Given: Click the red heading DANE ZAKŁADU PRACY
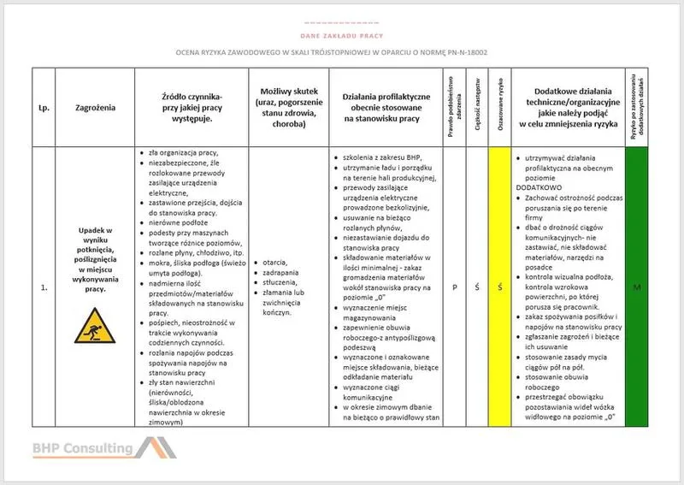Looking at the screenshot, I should (x=341, y=36).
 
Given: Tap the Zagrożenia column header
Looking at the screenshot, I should (x=96, y=108).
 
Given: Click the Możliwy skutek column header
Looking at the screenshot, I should (x=285, y=108).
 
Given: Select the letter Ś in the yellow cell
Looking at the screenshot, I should (x=499, y=288).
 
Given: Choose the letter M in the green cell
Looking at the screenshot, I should (x=637, y=288).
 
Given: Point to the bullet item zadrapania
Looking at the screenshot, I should (x=279, y=272).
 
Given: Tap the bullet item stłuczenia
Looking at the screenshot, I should (x=278, y=282).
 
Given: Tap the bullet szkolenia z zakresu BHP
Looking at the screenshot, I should (x=381, y=157).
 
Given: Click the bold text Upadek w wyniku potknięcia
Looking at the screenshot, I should (x=96, y=237).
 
